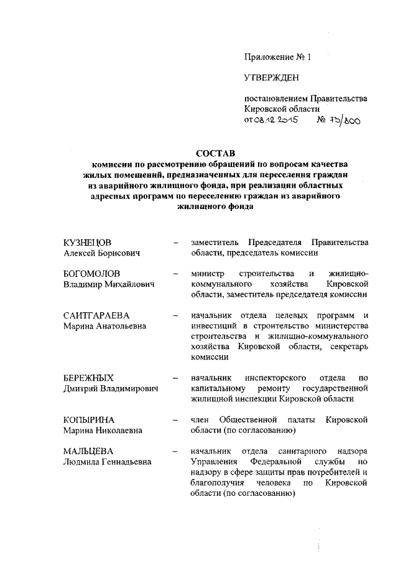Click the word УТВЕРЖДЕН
(x=271, y=77)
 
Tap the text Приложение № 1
(x=277, y=57)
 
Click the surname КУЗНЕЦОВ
(x=91, y=242)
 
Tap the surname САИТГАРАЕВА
(x=97, y=315)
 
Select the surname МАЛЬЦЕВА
(x=88, y=451)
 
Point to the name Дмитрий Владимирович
(x=111, y=388)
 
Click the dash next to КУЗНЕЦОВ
(x=177, y=242)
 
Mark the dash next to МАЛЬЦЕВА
(x=177, y=451)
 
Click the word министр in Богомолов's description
(x=209, y=274)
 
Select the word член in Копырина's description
(x=201, y=420)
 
